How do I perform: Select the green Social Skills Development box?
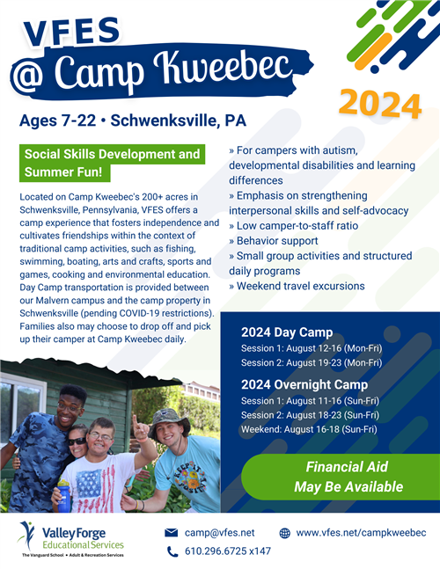(x=112, y=162)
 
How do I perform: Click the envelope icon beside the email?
(x=172, y=532)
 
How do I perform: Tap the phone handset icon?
(x=172, y=551)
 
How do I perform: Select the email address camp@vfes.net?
(x=219, y=532)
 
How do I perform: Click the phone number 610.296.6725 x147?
(x=228, y=551)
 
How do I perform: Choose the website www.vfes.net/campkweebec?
(x=361, y=532)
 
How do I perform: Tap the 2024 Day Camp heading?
(x=287, y=332)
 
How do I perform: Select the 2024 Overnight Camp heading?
(x=304, y=384)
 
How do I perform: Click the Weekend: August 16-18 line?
(x=308, y=429)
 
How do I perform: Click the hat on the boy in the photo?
(x=168, y=416)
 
